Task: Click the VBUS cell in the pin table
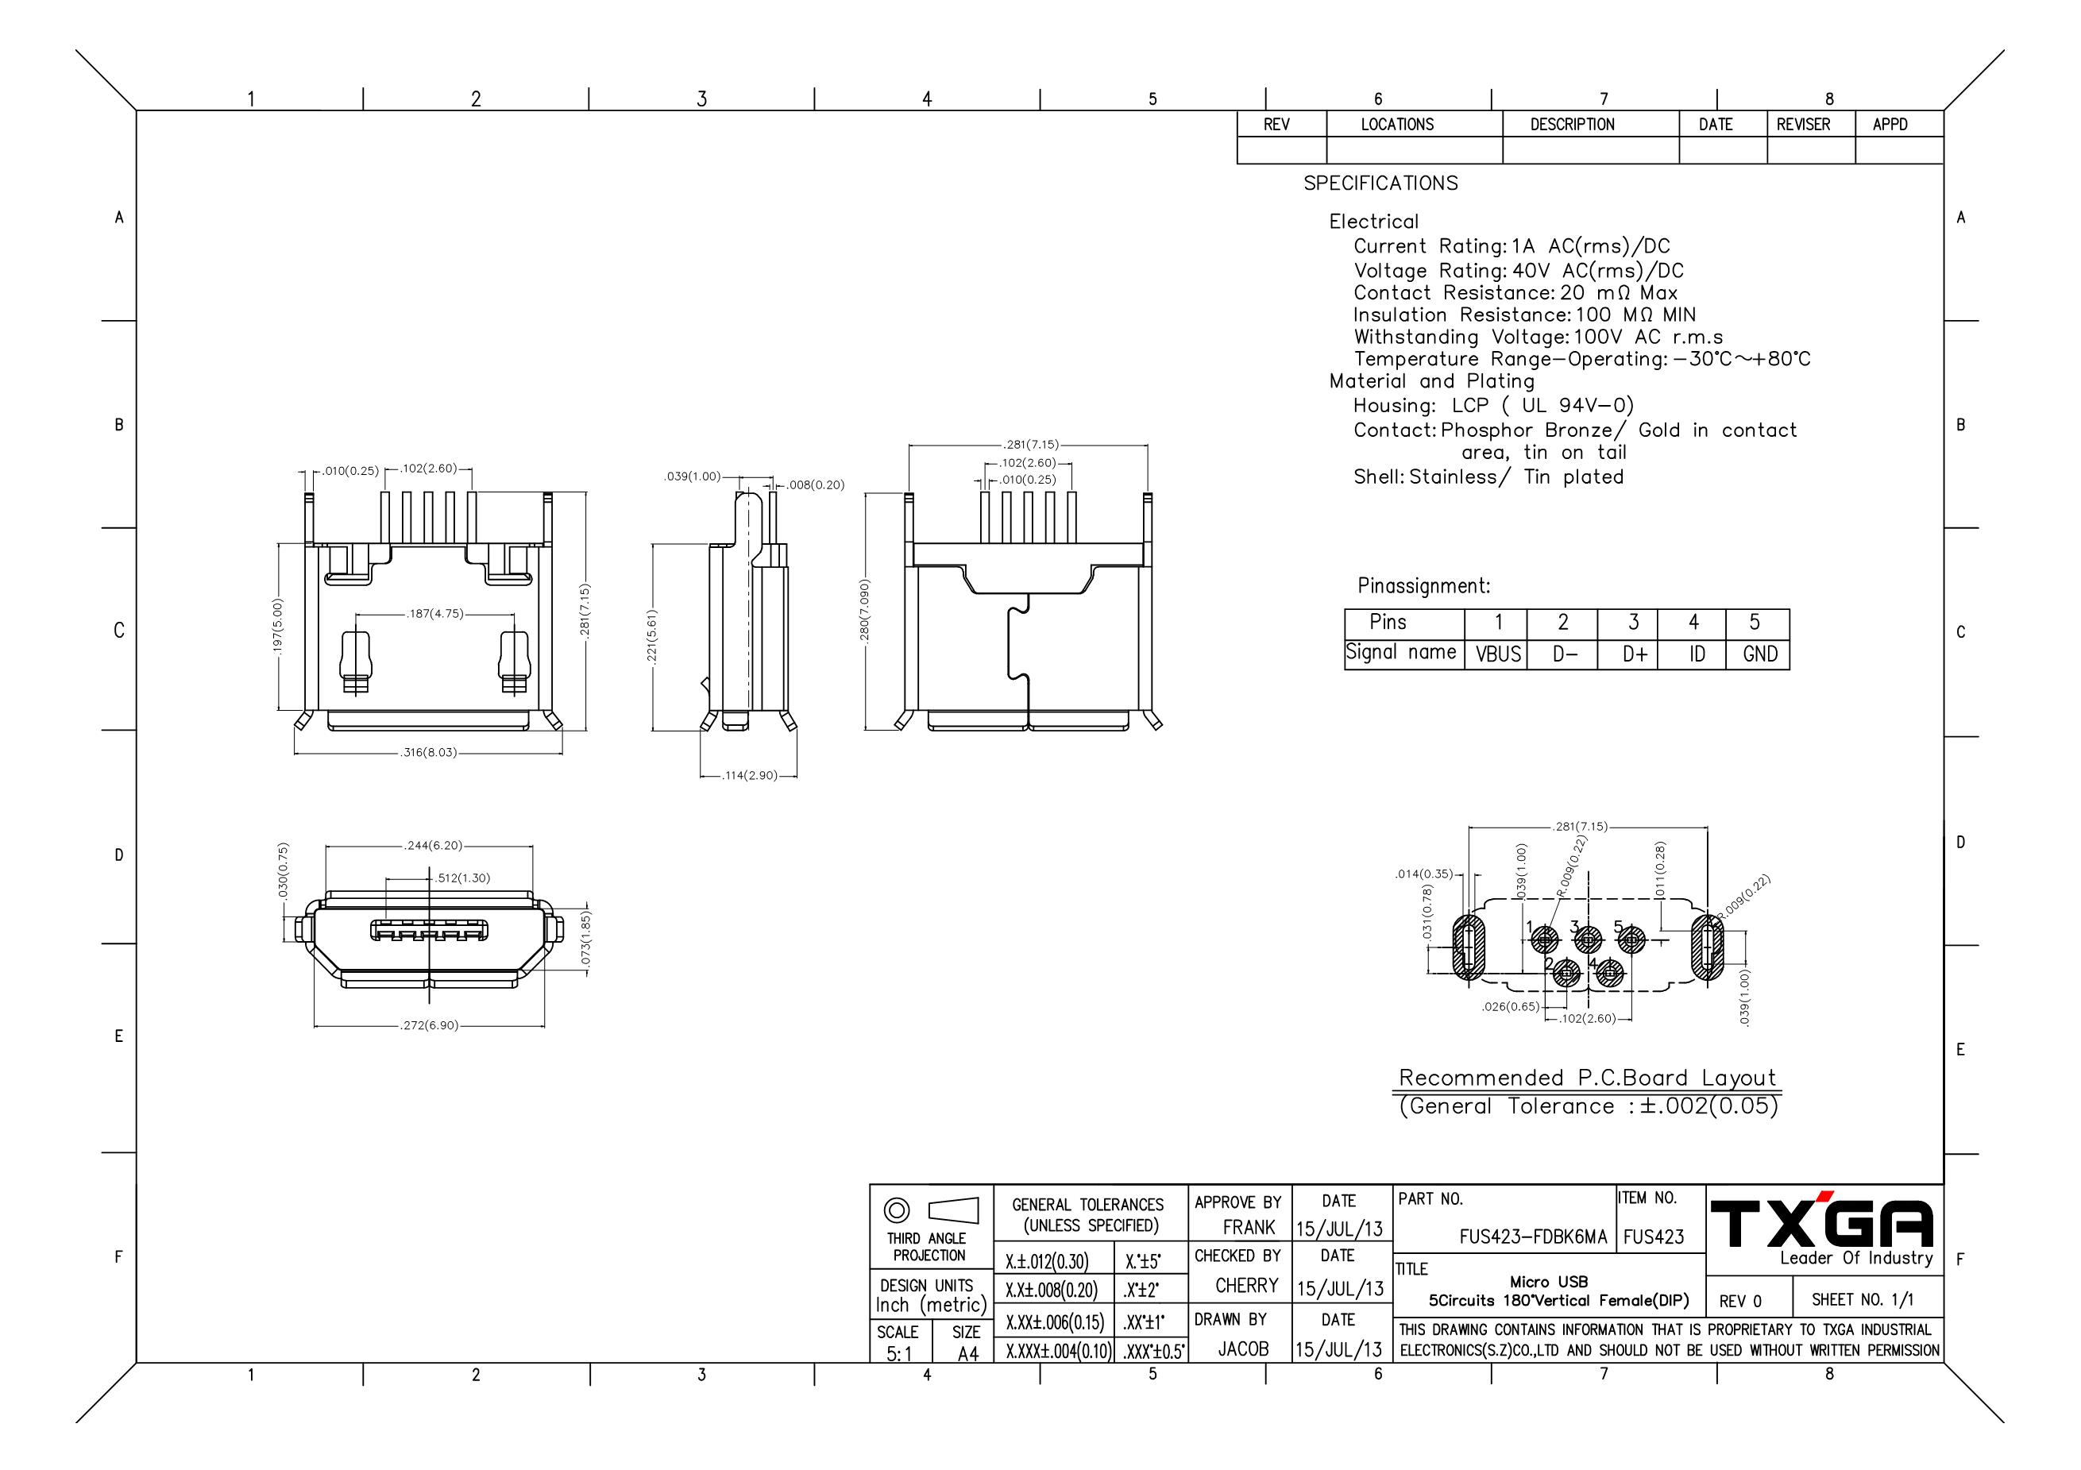pyautogui.click(x=1497, y=654)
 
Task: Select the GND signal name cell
pyautogui.click(x=1759, y=654)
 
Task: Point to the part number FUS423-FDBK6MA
pyautogui.click(x=1533, y=1237)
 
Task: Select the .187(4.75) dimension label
pyautogui.click(x=435, y=614)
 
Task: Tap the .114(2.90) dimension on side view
pyautogui.click(x=750, y=776)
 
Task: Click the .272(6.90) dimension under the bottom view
pyautogui.click(x=430, y=1026)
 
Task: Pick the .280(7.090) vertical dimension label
pyautogui.click(x=865, y=612)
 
